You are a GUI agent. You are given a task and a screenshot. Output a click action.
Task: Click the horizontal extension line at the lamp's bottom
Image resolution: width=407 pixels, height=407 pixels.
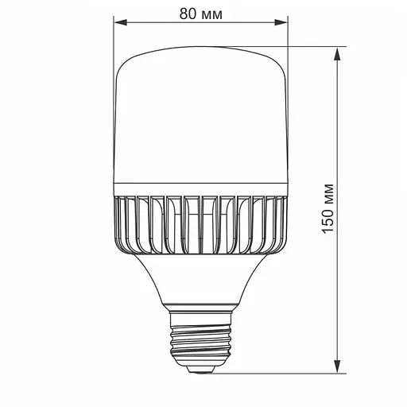302,371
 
